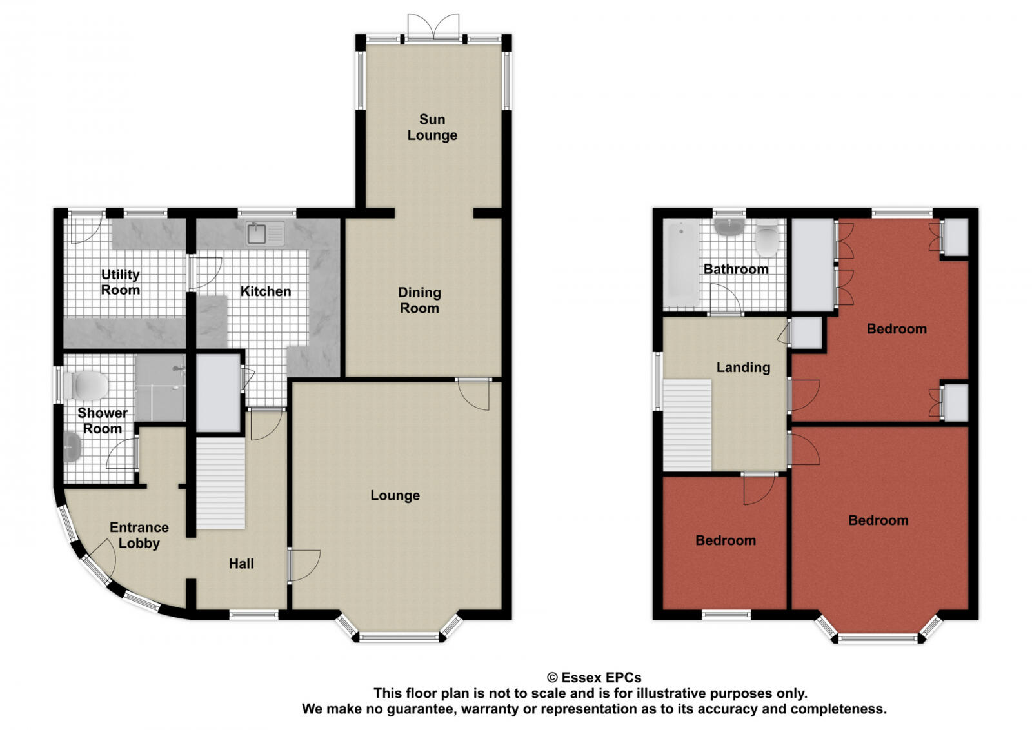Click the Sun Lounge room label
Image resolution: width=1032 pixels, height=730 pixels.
point(432,127)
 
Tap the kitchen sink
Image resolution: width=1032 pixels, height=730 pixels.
point(265,233)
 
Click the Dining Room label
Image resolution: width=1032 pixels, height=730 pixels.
point(419,301)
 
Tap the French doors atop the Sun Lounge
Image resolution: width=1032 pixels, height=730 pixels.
point(434,29)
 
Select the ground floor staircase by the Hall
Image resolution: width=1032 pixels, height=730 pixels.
point(221,483)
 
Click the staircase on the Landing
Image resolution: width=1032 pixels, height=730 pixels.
point(688,425)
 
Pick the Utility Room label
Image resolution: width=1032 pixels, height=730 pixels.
point(121,282)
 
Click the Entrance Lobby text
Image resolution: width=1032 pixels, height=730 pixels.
point(139,535)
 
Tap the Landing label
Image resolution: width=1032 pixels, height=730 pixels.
point(743,368)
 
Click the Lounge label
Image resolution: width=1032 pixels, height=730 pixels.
point(395,495)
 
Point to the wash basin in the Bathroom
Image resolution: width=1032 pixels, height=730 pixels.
point(729,227)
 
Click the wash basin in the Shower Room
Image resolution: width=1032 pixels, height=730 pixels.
point(72,447)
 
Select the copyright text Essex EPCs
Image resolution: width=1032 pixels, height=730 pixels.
point(594,678)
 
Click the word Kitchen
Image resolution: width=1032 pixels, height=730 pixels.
point(265,291)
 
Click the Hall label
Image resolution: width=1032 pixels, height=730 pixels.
point(241,564)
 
